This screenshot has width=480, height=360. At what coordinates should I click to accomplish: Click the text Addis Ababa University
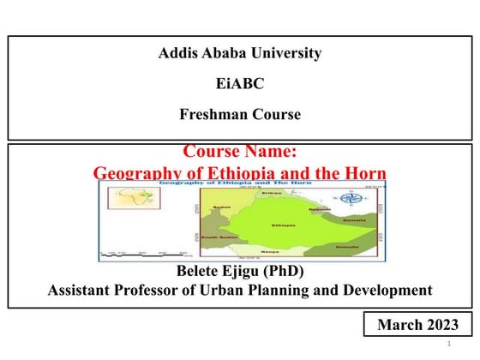click(x=240, y=53)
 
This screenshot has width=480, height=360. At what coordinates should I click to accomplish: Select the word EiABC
click(x=240, y=84)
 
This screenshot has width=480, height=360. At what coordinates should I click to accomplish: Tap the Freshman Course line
click(x=240, y=114)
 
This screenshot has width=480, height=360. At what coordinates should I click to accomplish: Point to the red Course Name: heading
click(x=240, y=153)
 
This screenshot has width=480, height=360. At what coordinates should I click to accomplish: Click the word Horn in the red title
click(x=361, y=172)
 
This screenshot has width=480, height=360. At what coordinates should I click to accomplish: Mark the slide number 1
click(x=448, y=344)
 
